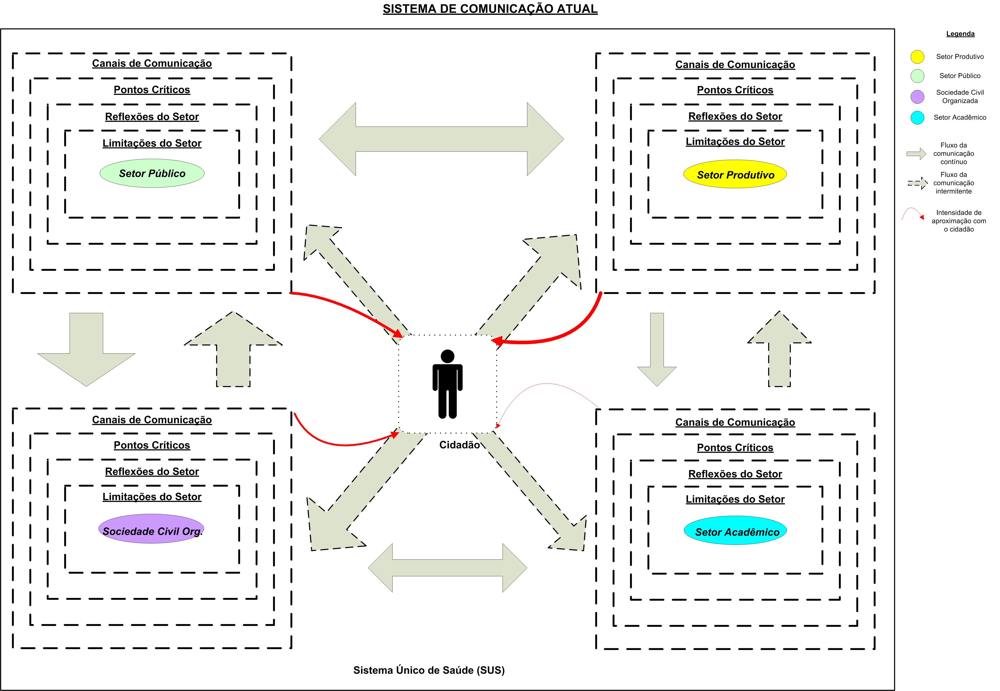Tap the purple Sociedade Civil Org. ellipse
[152, 531]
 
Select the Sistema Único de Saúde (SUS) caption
[429, 670]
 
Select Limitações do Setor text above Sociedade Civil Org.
[152, 497]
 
